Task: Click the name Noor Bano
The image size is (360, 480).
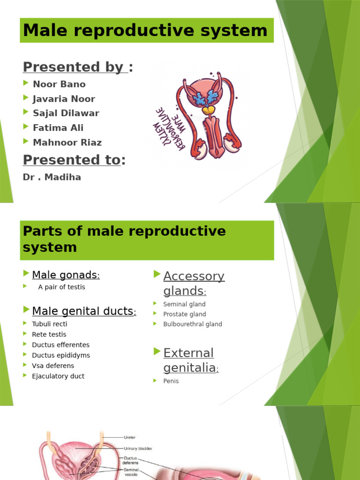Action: [x=59, y=84]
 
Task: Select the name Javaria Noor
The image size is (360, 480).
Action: [x=64, y=99]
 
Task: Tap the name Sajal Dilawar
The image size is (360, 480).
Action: [x=66, y=113]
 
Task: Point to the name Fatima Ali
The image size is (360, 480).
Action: [x=58, y=127]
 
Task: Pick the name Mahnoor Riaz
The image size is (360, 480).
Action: [x=67, y=142]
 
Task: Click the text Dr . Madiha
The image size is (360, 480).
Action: [x=52, y=177]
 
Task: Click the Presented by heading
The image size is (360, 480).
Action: [x=77, y=67]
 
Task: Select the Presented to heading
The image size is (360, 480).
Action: [x=74, y=160]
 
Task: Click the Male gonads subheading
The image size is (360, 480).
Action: [x=66, y=275]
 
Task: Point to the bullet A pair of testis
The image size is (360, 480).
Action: [x=61, y=287]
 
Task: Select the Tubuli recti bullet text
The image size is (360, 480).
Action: [x=50, y=324]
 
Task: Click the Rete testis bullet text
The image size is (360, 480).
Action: [x=49, y=334]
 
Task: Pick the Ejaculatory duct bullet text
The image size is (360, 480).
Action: [x=58, y=376]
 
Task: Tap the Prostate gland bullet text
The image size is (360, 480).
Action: [x=185, y=314]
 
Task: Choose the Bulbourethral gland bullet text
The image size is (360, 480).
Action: [x=193, y=324]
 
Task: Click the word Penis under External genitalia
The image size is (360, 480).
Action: [x=171, y=381]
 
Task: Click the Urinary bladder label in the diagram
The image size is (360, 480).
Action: [x=138, y=449]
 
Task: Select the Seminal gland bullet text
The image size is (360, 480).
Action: [x=184, y=304]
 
